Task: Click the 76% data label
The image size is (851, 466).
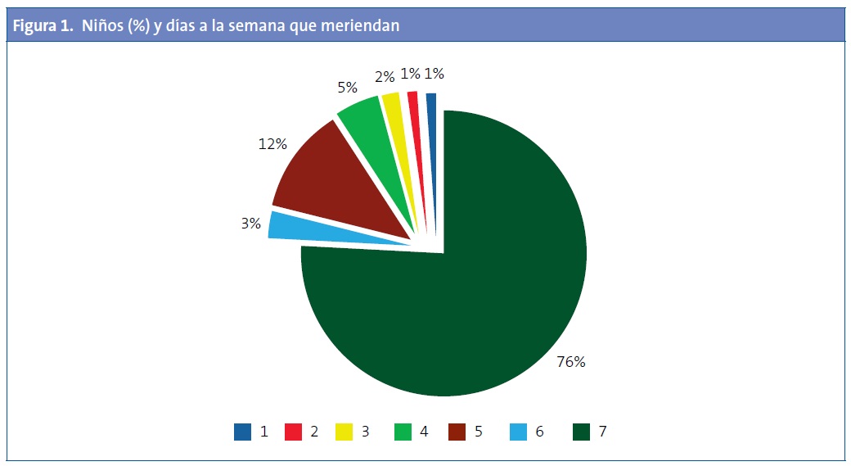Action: [570, 361]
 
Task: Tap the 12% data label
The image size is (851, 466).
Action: [272, 144]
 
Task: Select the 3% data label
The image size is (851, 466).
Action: [250, 223]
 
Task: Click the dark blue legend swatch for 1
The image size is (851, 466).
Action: [242, 432]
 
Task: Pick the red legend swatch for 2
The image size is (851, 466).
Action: [294, 432]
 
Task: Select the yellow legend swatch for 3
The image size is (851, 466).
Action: [344, 432]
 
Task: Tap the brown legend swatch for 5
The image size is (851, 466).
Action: [458, 432]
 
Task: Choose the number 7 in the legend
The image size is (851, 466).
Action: [602, 432]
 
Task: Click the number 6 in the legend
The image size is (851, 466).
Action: [539, 432]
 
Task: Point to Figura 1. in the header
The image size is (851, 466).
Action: [43, 26]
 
